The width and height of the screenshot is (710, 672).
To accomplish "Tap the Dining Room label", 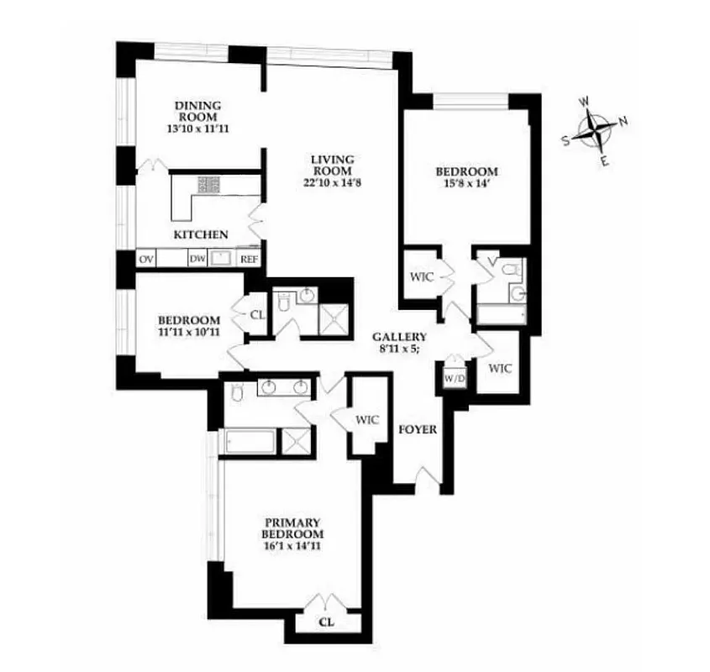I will (197, 106).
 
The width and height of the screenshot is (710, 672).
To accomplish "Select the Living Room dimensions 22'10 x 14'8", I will (332, 182).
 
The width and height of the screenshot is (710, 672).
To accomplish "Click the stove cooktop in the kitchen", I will (208, 184).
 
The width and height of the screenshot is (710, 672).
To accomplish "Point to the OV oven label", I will (145, 260).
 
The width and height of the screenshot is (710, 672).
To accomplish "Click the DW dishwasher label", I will (197, 260).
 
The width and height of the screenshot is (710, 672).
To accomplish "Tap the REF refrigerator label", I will (250, 260).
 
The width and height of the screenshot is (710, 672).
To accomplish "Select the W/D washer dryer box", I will (455, 379).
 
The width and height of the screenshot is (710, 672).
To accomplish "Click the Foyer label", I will (418, 430).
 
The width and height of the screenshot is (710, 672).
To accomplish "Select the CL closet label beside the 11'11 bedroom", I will (257, 315).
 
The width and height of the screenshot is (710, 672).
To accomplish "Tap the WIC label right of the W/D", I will (499, 368).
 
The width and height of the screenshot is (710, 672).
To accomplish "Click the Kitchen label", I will (200, 234).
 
